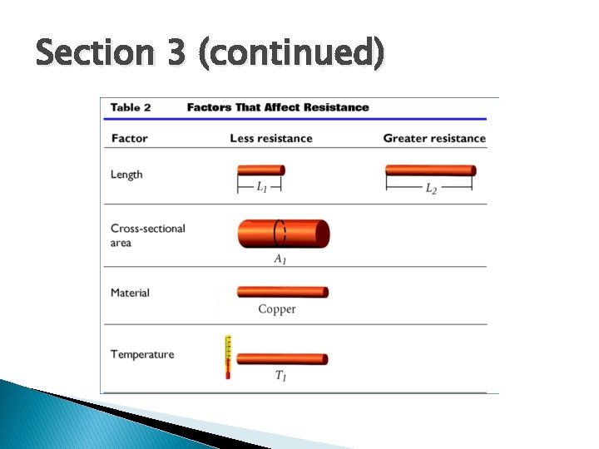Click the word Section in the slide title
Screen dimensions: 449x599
pyautogui.click(x=92, y=54)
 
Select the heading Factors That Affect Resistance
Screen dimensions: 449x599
pyautogui.click(x=278, y=107)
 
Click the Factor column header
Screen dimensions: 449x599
pyautogui.click(x=129, y=138)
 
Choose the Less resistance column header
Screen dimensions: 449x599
pyautogui.click(x=271, y=138)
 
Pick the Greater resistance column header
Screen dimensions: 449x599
pyautogui.click(x=434, y=138)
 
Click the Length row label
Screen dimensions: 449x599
pyautogui.click(x=126, y=175)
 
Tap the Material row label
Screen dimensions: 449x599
pyautogui.click(x=130, y=293)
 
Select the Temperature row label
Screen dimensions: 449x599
pyautogui.click(x=142, y=354)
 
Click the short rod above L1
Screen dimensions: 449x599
pyautogui.click(x=260, y=170)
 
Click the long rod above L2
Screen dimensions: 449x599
pyautogui.click(x=430, y=170)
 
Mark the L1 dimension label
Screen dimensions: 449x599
pyautogui.click(x=261, y=189)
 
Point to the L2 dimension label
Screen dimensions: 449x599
pyautogui.click(x=431, y=189)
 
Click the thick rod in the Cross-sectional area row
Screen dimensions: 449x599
pyautogui.click(x=284, y=234)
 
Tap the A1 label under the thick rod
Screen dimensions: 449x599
pyautogui.click(x=280, y=259)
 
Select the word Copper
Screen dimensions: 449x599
pyautogui.click(x=277, y=309)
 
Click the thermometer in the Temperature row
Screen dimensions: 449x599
pyautogui.click(x=227, y=357)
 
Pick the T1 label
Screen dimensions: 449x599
pyautogui.click(x=281, y=376)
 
